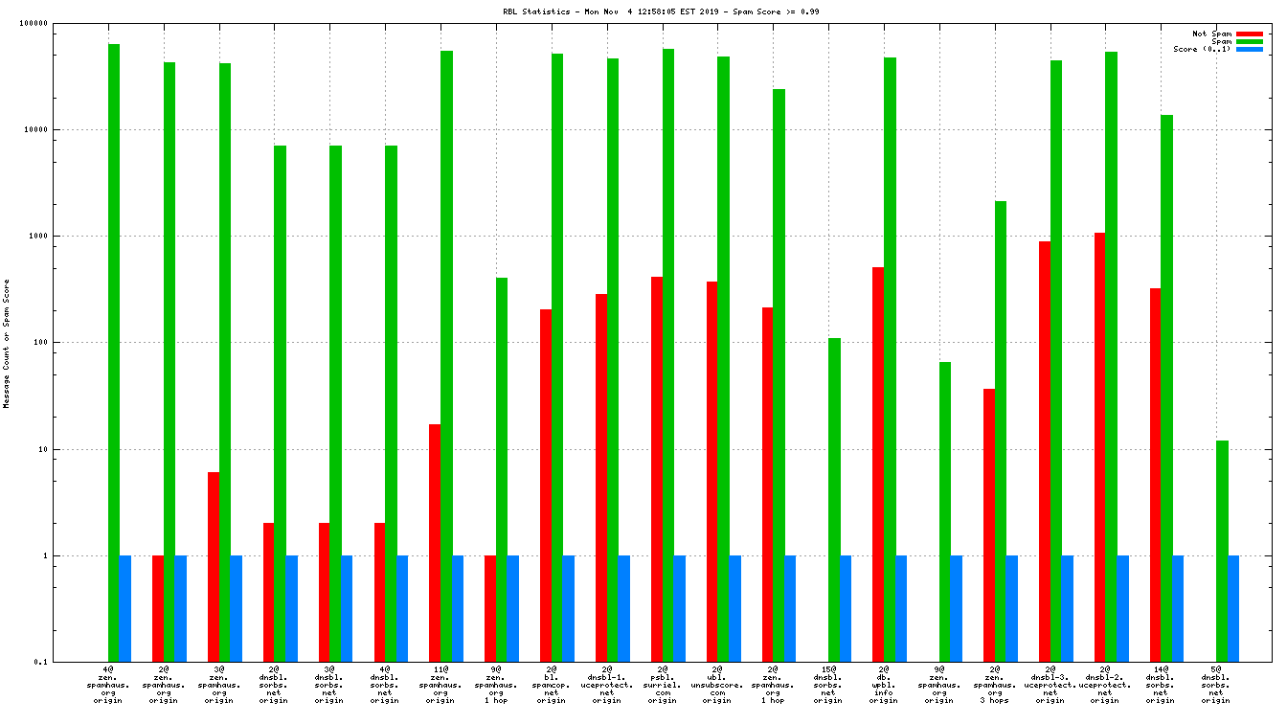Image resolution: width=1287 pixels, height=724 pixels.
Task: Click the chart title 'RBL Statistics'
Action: click(536, 11)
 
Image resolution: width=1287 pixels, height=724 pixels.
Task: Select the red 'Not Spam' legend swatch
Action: click(1250, 34)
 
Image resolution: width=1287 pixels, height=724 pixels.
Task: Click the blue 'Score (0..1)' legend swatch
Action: click(1250, 49)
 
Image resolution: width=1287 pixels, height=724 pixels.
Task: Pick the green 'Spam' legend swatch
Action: click(1250, 41)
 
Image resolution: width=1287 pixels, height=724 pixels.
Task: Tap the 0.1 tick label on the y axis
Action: click(66, 662)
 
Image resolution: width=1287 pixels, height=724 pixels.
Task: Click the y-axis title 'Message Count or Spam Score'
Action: click(7, 344)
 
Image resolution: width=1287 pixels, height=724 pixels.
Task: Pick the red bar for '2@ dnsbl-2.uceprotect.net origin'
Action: click(1099, 447)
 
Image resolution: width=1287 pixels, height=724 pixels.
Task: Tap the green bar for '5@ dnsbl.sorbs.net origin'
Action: click(1222, 551)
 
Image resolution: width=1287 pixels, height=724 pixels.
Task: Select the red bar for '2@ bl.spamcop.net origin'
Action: click(546, 486)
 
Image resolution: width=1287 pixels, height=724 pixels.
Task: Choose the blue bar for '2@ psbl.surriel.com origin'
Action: click(680, 608)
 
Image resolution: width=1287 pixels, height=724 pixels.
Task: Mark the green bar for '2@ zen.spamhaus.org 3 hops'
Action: click(1001, 431)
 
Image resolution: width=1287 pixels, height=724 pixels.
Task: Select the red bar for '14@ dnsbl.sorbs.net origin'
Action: click(1155, 475)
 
